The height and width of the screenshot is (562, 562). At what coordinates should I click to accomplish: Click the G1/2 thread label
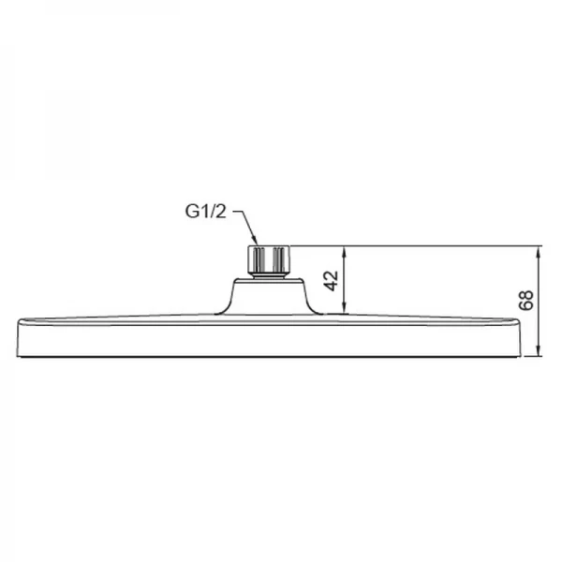coord(204,214)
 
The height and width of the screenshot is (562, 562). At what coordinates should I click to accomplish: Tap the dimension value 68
coord(526,301)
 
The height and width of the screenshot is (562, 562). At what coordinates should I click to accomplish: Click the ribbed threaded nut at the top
coord(268,259)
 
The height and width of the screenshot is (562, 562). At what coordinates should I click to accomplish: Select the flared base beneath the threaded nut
coord(268,296)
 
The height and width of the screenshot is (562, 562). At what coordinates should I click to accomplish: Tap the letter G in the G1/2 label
coord(190,214)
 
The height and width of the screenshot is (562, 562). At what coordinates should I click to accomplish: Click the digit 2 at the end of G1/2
coord(221,214)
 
